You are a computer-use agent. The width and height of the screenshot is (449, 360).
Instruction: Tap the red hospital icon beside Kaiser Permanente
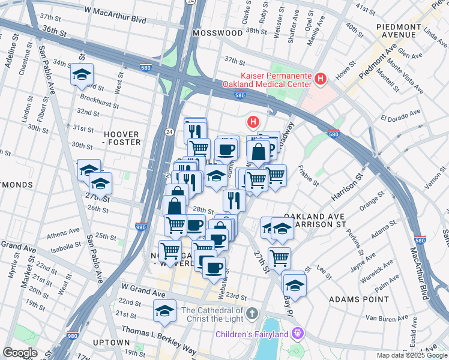pyautogui.click(x=321, y=79)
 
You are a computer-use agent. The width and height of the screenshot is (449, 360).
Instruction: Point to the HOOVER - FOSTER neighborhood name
pyautogui.click(x=122, y=138)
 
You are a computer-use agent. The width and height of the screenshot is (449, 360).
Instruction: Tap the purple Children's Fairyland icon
pyautogui.click(x=297, y=333)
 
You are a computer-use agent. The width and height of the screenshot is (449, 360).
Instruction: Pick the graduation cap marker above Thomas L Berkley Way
pyautogui.click(x=164, y=311)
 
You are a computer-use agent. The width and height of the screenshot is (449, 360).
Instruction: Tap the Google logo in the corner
pyautogui.click(x=20, y=352)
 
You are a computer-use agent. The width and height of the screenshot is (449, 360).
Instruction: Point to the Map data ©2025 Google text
pyautogui.click(x=411, y=355)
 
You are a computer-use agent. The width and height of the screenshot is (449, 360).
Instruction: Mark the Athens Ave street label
pyautogui.click(x=63, y=232)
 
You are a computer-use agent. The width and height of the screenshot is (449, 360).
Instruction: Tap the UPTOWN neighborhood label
pyautogui.click(x=108, y=342)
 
